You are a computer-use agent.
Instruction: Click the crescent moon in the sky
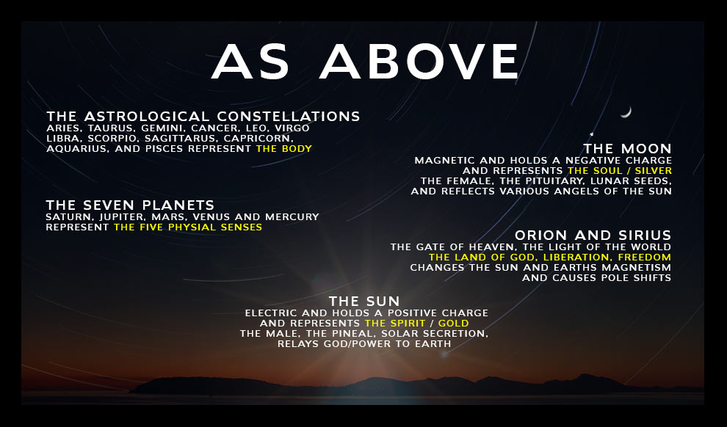tap(627, 112)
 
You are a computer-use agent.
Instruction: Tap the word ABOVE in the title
tap(419, 62)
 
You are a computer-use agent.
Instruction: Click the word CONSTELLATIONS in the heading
tap(289, 116)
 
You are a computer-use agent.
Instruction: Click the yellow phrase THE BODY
tap(284, 149)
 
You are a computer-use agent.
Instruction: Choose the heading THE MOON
tap(627, 149)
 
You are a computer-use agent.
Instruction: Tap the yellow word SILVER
tap(654, 170)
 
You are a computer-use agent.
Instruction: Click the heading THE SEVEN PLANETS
tap(130, 205)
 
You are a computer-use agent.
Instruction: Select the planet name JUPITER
tap(122, 216)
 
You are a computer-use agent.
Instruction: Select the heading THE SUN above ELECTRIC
tap(364, 302)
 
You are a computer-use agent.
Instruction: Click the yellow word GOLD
tap(453, 324)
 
